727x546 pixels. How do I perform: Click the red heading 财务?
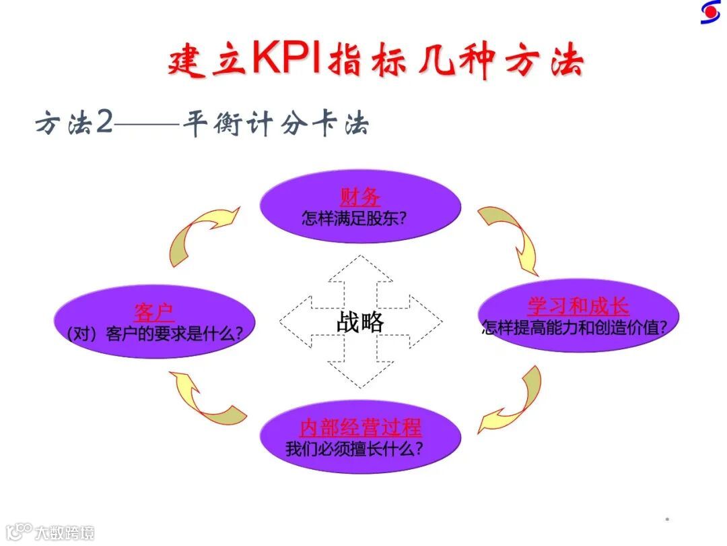click(x=360, y=198)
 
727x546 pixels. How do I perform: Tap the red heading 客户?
click(x=154, y=313)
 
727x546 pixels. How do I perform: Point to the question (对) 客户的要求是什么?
click(x=155, y=334)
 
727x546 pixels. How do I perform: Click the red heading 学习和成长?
click(x=578, y=307)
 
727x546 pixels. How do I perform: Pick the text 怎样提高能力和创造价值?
click(x=574, y=328)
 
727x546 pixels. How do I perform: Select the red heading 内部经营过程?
click(x=360, y=427)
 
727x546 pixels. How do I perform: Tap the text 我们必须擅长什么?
click(x=354, y=448)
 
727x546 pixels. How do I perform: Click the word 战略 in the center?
click(x=360, y=322)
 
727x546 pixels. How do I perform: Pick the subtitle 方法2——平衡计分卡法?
click(x=202, y=125)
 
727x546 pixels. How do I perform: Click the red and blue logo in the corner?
click(x=709, y=12)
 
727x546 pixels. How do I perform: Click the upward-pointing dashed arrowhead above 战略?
click(x=361, y=270)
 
